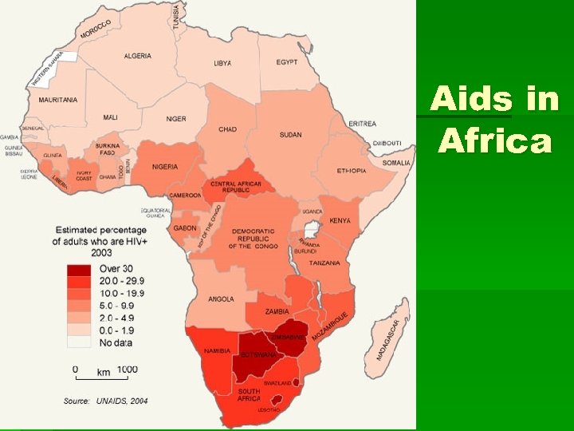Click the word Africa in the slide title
(x=495, y=141)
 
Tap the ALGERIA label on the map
(x=137, y=56)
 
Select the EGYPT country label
(x=288, y=62)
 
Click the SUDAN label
(x=290, y=135)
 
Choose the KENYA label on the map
(x=340, y=219)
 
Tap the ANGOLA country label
(x=221, y=299)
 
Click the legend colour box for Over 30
(x=78, y=270)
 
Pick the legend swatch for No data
(x=78, y=342)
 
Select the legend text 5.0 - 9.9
(x=116, y=306)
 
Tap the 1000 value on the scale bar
(x=126, y=370)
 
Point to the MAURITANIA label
(x=58, y=100)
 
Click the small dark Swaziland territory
(x=296, y=382)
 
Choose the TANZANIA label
(x=325, y=263)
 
